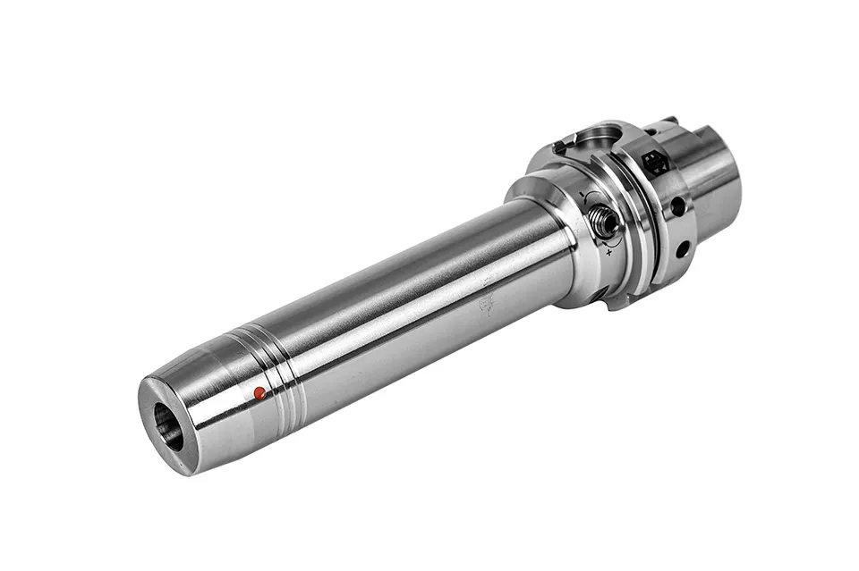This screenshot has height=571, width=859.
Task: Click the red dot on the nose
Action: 259,392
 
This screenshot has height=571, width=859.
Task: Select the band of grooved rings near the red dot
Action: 283,381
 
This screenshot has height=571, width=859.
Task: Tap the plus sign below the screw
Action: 609,253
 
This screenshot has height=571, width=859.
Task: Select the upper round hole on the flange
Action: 678,206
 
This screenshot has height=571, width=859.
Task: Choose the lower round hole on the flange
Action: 682,249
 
